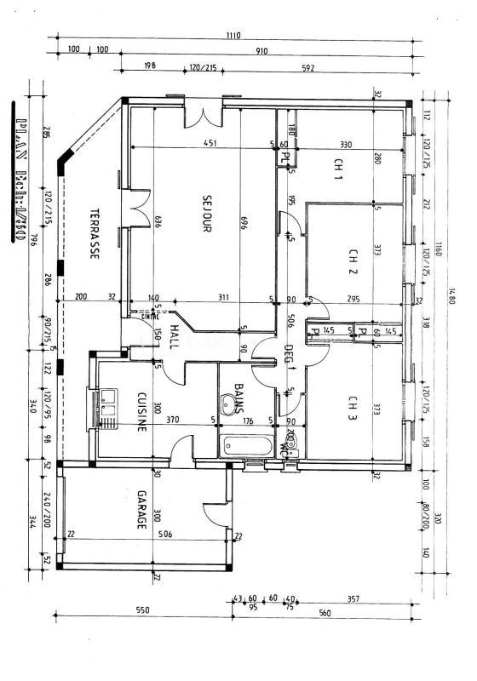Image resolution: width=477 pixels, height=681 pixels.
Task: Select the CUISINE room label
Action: pyautogui.click(x=142, y=412)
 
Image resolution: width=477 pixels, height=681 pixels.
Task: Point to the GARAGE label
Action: pyautogui.click(x=141, y=511)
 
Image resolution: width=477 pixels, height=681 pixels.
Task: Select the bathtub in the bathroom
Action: pyautogui.click(x=247, y=446)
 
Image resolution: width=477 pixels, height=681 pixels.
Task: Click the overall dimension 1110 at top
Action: pyautogui.click(x=234, y=36)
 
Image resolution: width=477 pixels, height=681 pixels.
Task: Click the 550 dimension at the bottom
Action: pyautogui.click(x=142, y=610)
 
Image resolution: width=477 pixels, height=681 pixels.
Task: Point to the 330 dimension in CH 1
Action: pyautogui.click(x=346, y=144)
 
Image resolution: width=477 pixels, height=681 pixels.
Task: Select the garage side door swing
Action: pyautogui.click(x=212, y=512)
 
